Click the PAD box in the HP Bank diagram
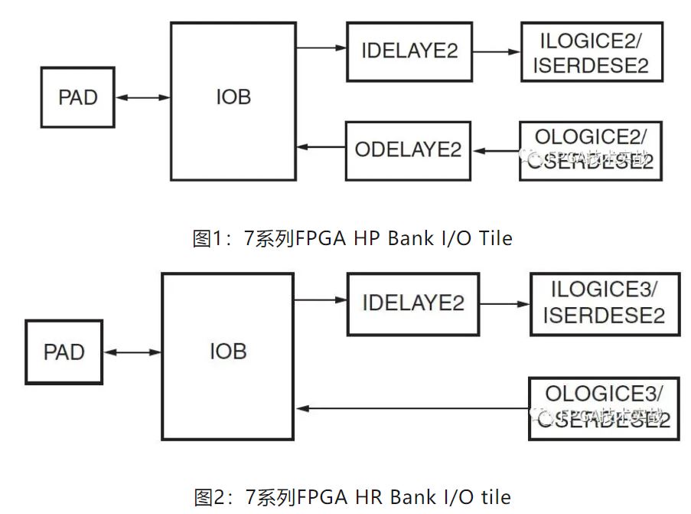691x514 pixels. click(x=78, y=97)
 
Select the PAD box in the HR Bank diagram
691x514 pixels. click(x=64, y=352)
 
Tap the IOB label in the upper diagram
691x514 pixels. click(x=233, y=98)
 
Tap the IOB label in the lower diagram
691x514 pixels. click(x=228, y=351)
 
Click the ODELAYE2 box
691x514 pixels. click(x=408, y=149)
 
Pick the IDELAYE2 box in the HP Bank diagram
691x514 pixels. click(x=409, y=51)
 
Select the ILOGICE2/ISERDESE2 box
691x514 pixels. click(x=590, y=52)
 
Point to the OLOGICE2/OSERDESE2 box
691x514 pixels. click(x=589, y=151)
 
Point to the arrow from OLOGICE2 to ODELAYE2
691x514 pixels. click(x=495, y=150)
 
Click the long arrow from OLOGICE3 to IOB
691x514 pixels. click(x=411, y=408)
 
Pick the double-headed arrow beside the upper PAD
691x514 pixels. click(x=143, y=97)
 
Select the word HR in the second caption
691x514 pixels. click(x=370, y=497)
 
